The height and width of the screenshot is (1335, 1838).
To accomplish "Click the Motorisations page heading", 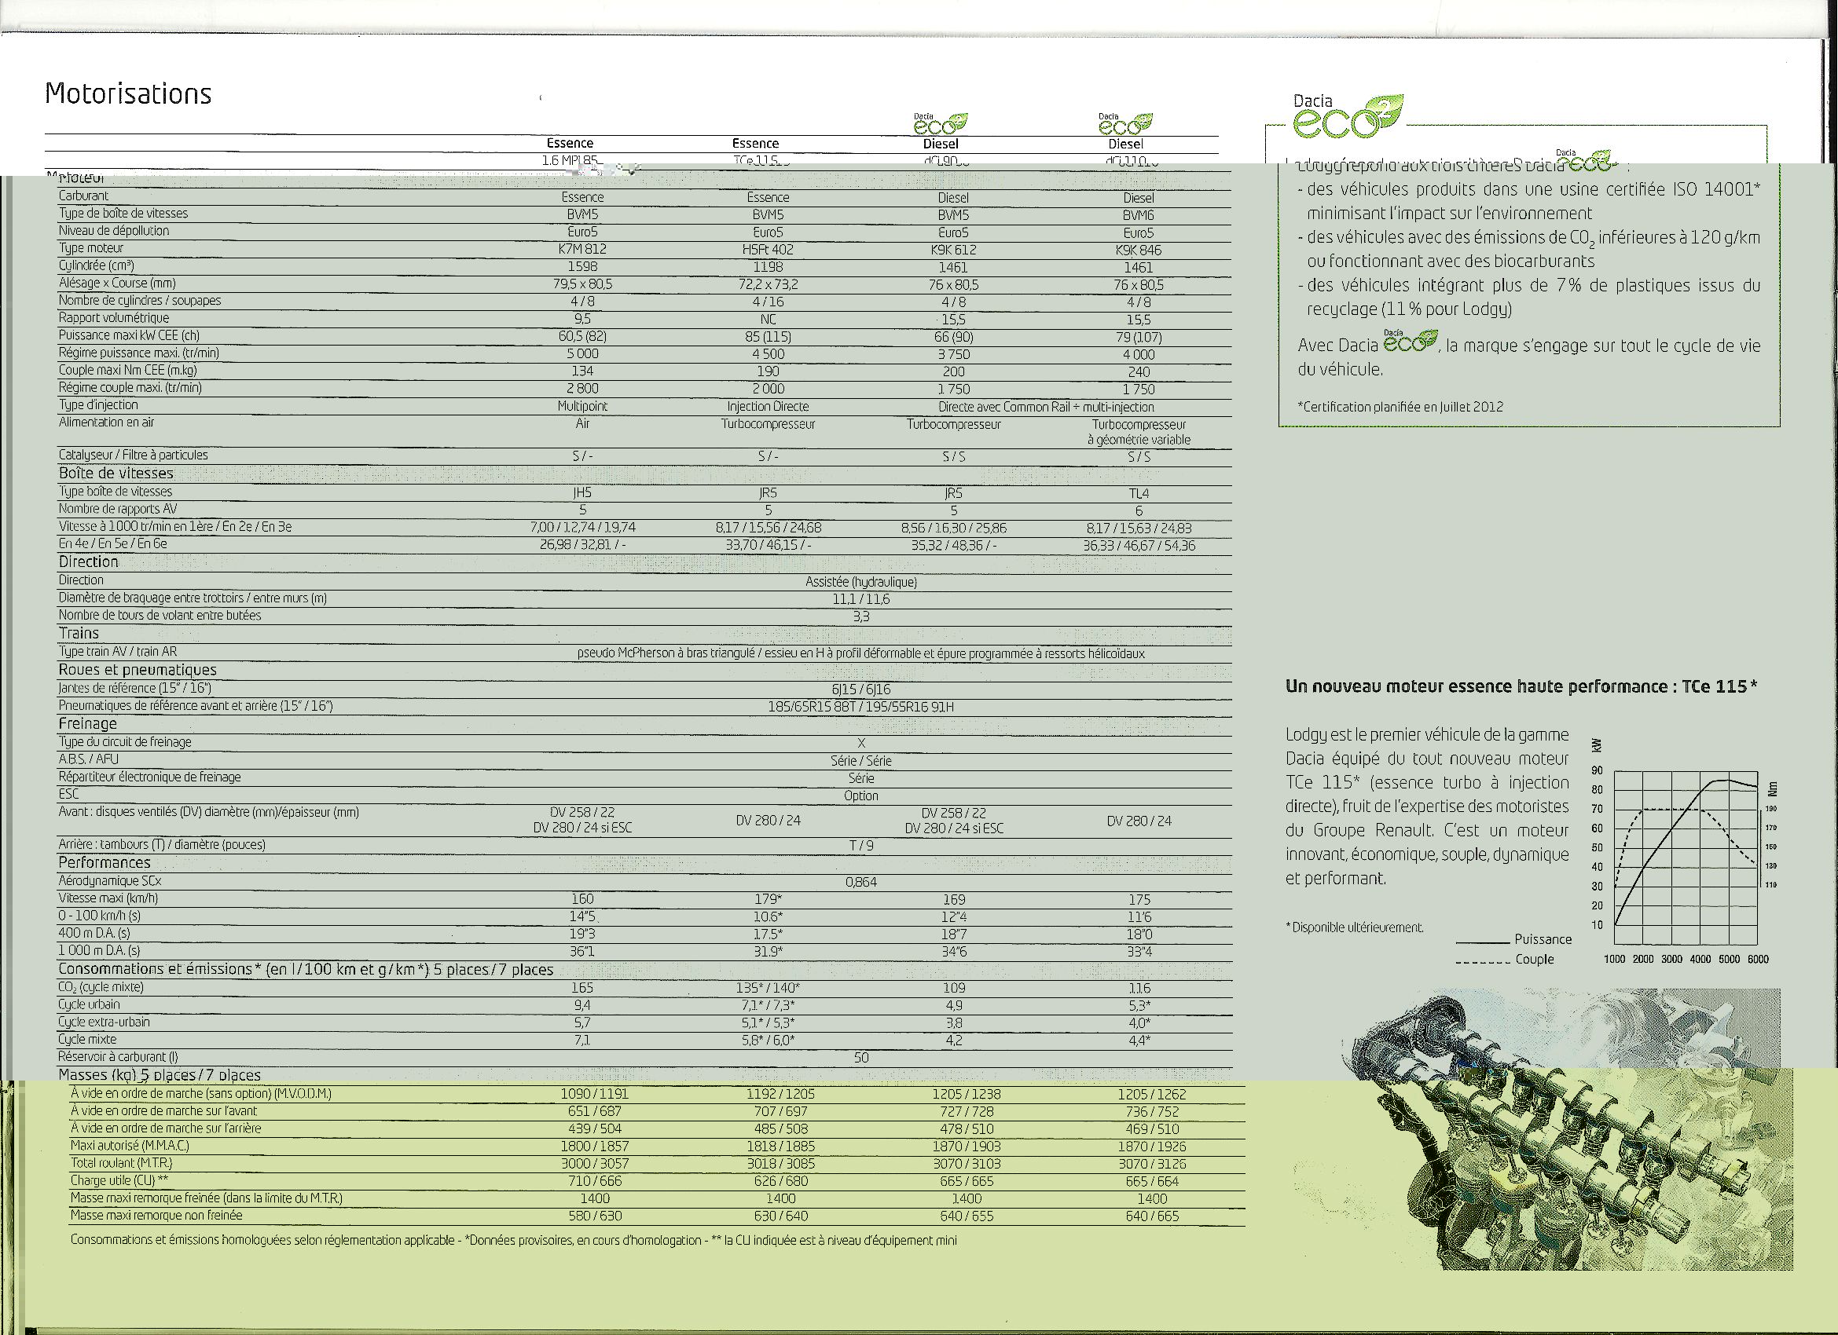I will point(128,94).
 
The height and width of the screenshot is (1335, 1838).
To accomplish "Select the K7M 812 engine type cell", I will point(581,250).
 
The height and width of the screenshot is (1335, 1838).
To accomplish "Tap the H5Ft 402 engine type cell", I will point(768,250).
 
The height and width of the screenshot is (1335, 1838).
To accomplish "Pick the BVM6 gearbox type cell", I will point(1138,215).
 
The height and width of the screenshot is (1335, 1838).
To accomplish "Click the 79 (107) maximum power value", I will point(1138,337).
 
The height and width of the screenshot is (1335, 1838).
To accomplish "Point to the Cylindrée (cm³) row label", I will point(97,265).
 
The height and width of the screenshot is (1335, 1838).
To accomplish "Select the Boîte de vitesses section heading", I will point(116,473).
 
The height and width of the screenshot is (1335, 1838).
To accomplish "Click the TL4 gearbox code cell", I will point(1139,493).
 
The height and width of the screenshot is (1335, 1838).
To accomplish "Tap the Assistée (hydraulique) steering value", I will point(860,582).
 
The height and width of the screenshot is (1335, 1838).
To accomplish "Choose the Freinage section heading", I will point(87,723).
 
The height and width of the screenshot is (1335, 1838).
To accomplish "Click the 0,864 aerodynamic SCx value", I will point(860,882).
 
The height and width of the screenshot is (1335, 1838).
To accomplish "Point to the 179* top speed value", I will point(768,899).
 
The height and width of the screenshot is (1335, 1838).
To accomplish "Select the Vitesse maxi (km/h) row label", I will point(108,898).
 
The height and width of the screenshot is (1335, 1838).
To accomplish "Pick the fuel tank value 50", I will point(860,1057).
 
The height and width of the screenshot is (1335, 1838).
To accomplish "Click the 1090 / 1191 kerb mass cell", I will point(594,1094).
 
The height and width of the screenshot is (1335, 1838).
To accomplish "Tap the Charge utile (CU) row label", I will point(119,1180).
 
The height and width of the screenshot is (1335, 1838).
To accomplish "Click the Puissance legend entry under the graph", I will point(1543,939).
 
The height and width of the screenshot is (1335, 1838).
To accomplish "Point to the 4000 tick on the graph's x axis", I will point(1700,959).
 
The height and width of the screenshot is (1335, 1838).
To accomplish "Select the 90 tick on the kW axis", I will point(1597,770).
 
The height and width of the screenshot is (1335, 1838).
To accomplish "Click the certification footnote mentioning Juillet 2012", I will point(1400,407).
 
